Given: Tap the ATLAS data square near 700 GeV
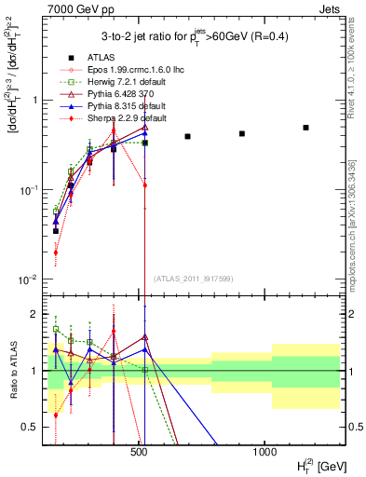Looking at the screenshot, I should (x=187, y=137).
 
